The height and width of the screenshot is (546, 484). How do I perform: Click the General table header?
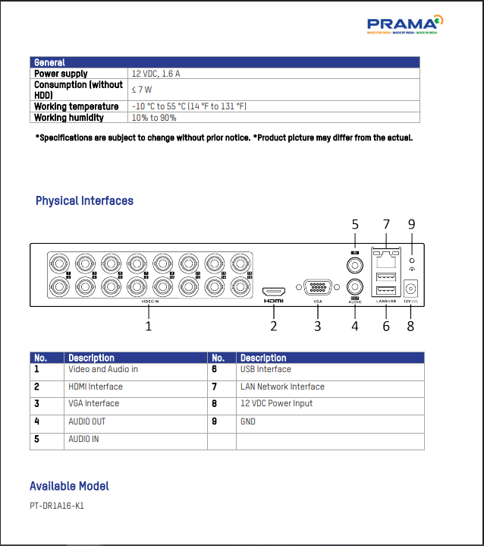click(49, 62)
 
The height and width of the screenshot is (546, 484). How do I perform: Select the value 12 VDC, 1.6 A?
click(156, 74)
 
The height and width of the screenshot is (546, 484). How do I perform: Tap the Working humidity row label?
click(69, 118)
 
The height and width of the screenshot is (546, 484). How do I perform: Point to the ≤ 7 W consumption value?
click(142, 90)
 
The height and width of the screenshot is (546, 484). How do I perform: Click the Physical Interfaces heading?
click(84, 201)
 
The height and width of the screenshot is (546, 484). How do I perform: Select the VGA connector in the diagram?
click(318, 288)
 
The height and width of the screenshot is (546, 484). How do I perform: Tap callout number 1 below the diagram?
click(149, 326)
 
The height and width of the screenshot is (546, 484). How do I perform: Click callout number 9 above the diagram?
click(412, 224)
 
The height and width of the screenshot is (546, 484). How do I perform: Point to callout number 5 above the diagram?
click(354, 224)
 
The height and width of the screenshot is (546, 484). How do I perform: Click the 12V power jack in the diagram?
click(413, 289)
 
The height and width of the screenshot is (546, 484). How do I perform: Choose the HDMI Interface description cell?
click(96, 387)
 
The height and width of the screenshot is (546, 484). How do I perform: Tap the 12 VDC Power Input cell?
click(276, 404)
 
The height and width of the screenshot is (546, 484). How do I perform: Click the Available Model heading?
click(69, 486)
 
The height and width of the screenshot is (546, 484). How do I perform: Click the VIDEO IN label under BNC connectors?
click(150, 301)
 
